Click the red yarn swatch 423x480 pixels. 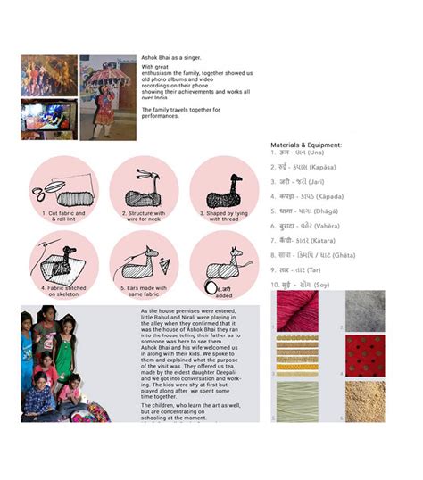tap(298, 311)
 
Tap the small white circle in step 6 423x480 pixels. tap(211, 287)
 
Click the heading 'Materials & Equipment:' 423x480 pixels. tap(305, 144)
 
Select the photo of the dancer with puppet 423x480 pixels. tap(108, 97)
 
